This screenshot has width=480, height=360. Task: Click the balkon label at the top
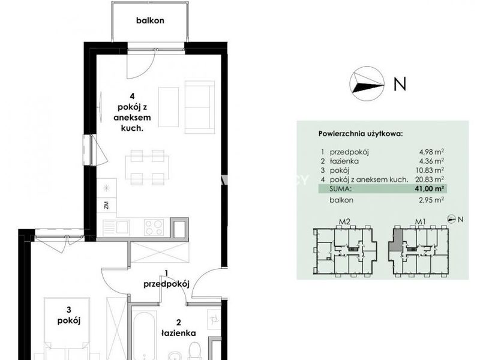pos(150,20)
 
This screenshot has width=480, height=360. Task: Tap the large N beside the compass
pos(400,83)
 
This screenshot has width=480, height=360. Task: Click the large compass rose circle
pos(367,83)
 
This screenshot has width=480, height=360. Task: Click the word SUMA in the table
pos(340,189)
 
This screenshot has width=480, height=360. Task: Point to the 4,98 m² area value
pos(431,152)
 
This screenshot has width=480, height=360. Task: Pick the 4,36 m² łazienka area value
pos(431,161)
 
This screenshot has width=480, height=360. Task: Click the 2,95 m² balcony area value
pos(431,200)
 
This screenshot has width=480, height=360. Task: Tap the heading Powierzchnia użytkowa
pos(361,134)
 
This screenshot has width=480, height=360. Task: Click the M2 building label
pos(344,221)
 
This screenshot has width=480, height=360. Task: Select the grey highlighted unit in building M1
pos(395,241)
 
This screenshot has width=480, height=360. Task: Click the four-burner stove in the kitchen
pos(154,227)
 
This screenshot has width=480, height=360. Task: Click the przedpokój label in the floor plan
pos(166,284)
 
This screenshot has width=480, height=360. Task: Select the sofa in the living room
pos(200,107)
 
